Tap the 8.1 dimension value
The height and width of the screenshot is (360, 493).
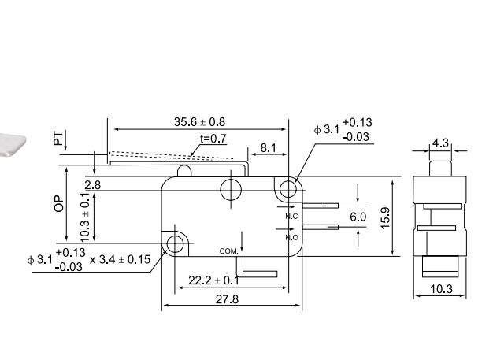click(x=268, y=147)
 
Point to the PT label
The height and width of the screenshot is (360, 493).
click(x=57, y=139)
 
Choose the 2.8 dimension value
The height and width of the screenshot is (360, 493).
click(x=92, y=184)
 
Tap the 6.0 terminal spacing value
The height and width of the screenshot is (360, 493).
click(x=358, y=217)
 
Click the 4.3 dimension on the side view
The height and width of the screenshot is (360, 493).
click(x=440, y=144)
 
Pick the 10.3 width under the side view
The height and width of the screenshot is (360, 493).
click(x=442, y=290)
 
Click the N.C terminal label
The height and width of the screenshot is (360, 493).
click(x=291, y=216)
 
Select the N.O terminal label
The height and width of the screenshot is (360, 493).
click(x=291, y=236)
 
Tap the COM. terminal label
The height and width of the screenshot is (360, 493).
click(x=228, y=251)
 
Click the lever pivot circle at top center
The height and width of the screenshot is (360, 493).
click(x=231, y=188)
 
